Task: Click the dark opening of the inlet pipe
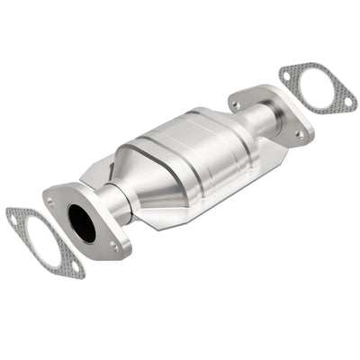pos(82,222)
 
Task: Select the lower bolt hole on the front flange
pos(113,244)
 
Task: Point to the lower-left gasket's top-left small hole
pos(13,215)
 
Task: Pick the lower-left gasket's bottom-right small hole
pos(75,268)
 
